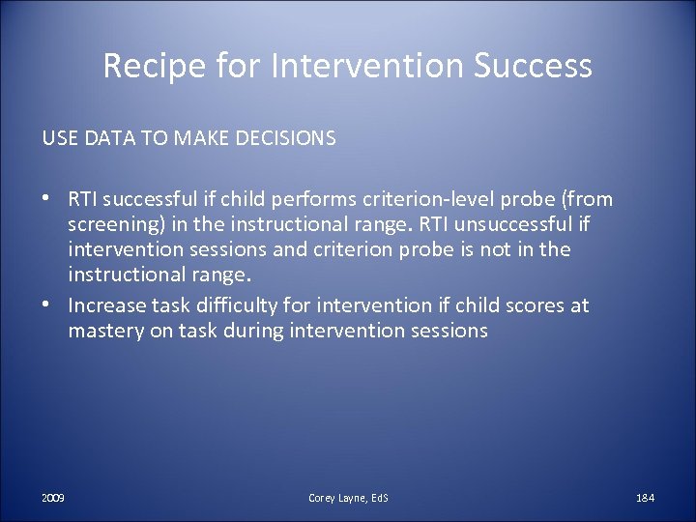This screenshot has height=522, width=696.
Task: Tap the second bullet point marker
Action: [47, 305]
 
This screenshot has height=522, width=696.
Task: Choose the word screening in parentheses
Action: [111, 224]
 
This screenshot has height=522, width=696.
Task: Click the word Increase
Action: [106, 305]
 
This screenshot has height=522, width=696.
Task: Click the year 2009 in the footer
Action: [53, 497]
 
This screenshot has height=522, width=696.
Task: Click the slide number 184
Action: [645, 497]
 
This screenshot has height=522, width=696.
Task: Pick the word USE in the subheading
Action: [60, 138]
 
